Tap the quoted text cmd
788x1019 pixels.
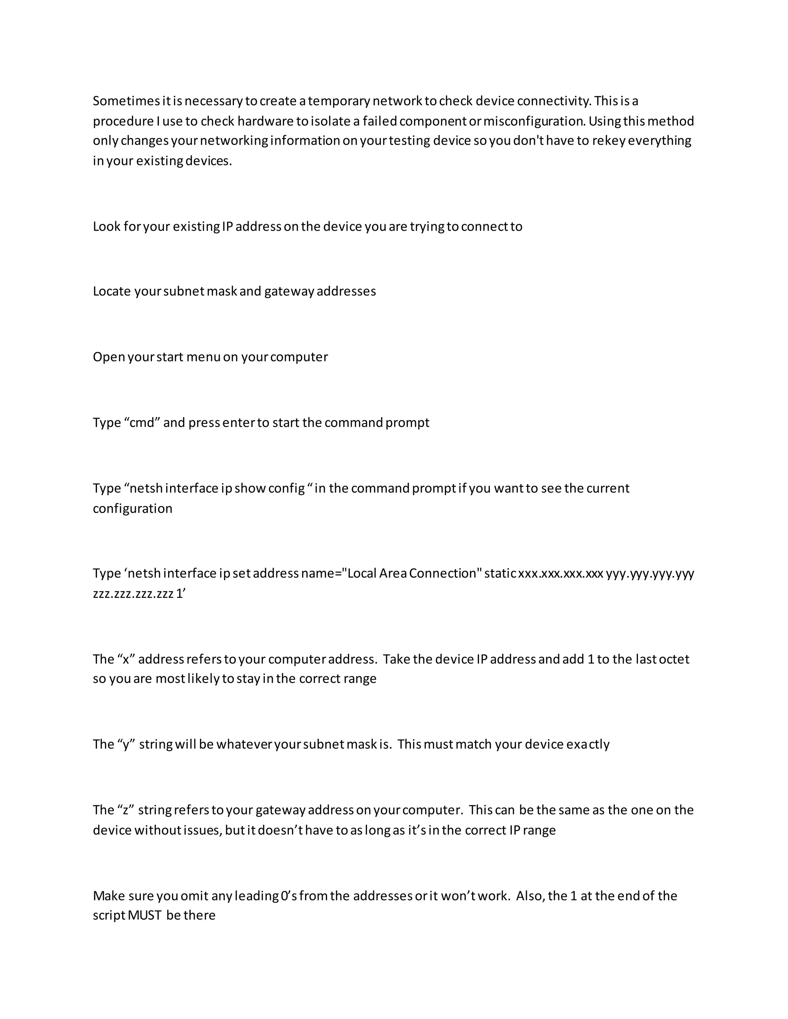[x=142, y=423]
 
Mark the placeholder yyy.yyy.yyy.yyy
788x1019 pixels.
[x=650, y=573]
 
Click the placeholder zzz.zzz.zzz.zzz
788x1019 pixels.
[x=133, y=594]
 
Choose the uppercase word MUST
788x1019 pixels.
[x=144, y=916]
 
